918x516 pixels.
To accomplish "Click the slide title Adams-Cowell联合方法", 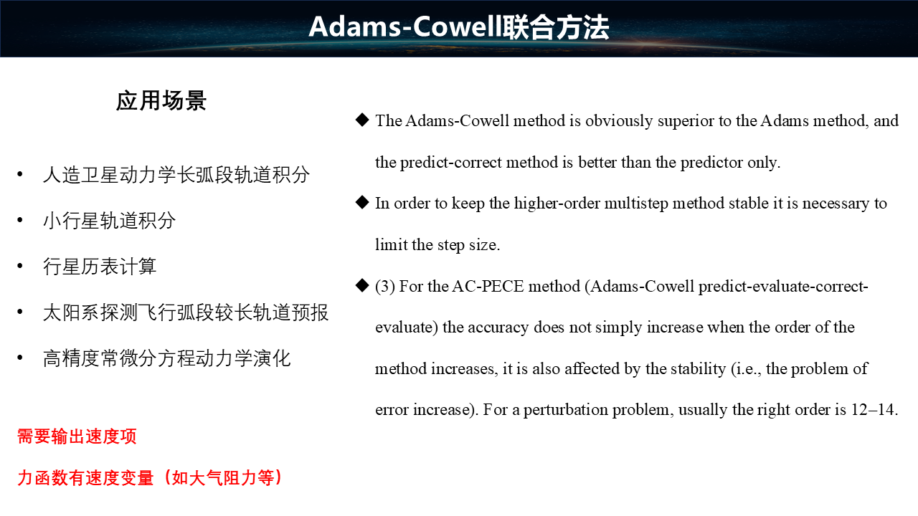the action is pyautogui.click(x=459, y=27).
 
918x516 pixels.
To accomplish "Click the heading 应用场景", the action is pyautogui.click(x=161, y=101).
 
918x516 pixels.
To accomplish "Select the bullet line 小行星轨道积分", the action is pyautogui.click(x=110, y=221).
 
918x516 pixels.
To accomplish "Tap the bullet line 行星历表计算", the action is pyautogui.click(x=100, y=267).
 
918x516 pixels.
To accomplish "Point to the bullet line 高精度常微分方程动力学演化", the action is pyautogui.click(x=167, y=358).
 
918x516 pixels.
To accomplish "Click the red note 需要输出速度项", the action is pyautogui.click(x=77, y=436).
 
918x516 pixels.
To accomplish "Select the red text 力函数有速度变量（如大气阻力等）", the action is pyautogui.click(x=150, y=478).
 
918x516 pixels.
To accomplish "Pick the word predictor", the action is pyautogui.click(x=711, y=163).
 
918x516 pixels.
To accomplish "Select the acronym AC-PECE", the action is pyautogui.click(x=488, y=286).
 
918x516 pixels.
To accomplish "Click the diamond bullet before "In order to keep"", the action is pyautogui.click(x=362, y=202).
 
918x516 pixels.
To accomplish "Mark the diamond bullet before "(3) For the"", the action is pyautogui.click(x=362, y=285).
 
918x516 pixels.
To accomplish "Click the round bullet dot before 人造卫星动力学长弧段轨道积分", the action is pyautogui.click(x=20, y=174).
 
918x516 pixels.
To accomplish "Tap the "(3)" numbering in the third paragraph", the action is pyautogui.click(x=385, y=286).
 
